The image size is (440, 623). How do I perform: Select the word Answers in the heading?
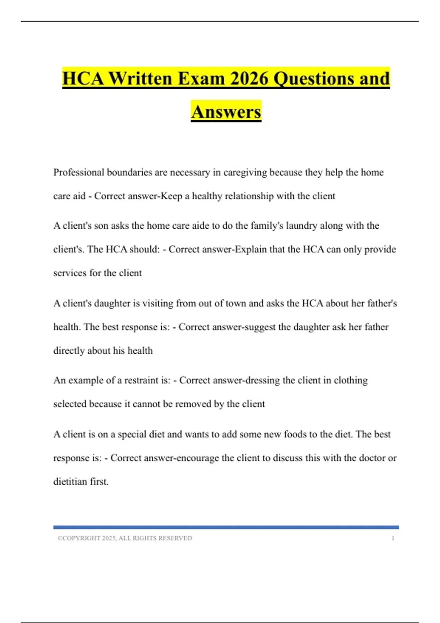(226, 112)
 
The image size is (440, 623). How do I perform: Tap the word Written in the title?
(140, 78)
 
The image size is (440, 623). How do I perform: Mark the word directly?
(69, 351)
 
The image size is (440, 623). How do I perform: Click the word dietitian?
(69, 482)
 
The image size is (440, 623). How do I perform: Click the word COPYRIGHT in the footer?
(81, 538)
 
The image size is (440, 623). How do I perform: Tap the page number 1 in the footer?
(393, 538)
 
